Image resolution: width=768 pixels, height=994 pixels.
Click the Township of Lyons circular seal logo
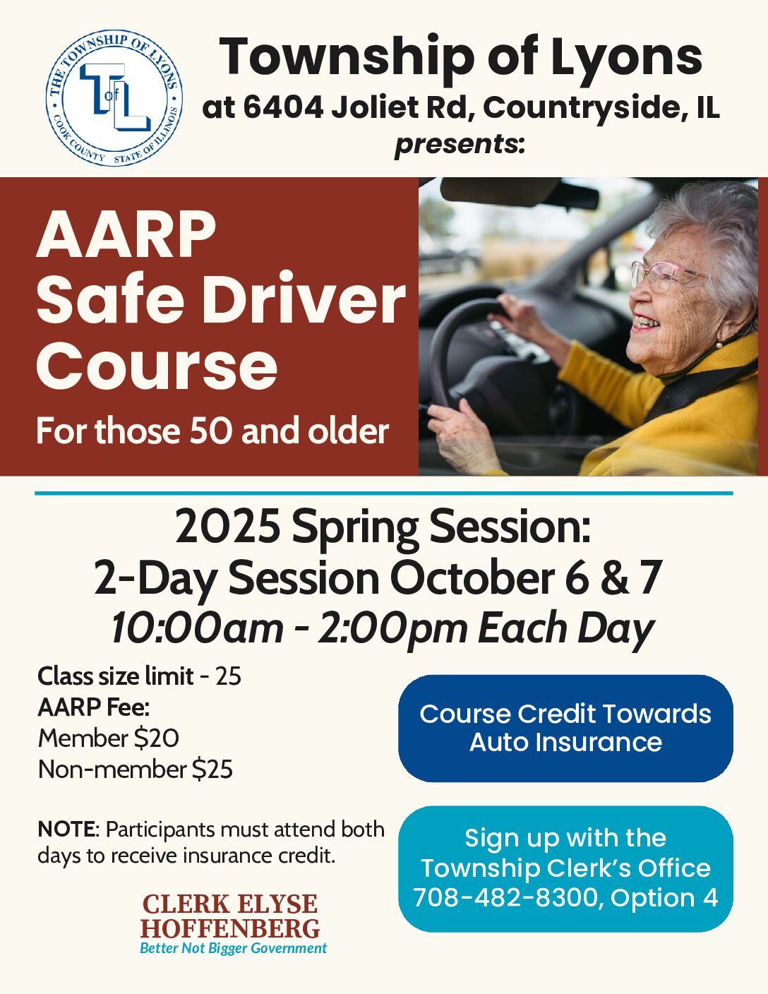[114, 97]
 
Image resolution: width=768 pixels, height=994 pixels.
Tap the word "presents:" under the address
[459, 145]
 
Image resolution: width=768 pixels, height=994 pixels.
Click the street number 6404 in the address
[283, 107]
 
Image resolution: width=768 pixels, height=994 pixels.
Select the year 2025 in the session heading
[228, 526]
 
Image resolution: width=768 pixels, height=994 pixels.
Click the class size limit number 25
[228, 676]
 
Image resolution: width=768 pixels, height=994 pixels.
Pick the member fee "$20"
[157, 738]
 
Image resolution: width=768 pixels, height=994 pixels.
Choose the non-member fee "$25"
[212, 769]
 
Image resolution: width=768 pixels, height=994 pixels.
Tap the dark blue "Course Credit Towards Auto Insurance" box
[565, 729]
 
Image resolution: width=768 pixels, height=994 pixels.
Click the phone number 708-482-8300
[505, 897]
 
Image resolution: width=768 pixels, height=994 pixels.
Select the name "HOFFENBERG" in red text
[230, 928]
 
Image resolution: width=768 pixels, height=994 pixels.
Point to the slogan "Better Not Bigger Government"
[233, 948]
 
